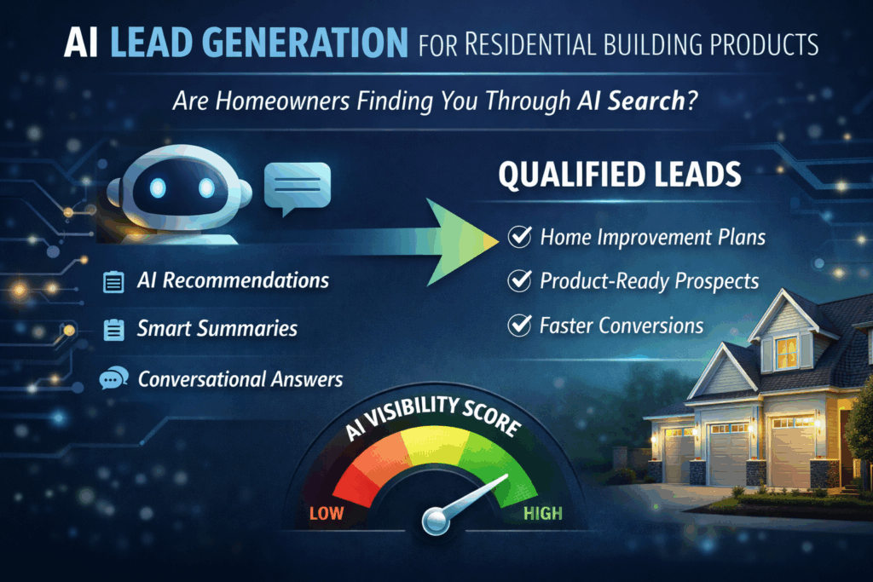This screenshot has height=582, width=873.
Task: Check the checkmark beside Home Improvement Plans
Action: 519,237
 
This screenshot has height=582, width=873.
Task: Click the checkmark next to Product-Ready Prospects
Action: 519,281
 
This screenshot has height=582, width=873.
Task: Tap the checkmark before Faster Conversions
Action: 519,326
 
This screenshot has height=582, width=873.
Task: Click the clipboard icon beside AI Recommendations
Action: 113,282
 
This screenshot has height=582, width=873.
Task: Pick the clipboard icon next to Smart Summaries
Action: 113,330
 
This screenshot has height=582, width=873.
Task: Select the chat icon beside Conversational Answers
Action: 113,378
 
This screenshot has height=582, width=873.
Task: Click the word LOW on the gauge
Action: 327,513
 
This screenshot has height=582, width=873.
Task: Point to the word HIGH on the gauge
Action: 542,513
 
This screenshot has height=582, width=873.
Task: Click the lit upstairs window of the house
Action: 785,349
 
